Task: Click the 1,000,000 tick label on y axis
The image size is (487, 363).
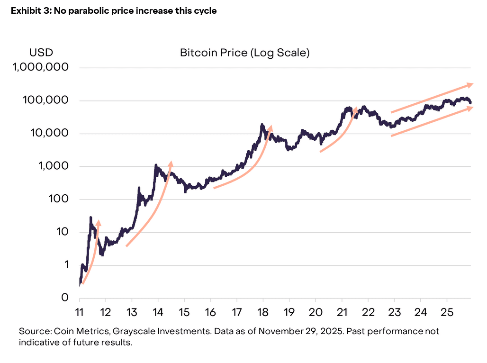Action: [x=41, y=68]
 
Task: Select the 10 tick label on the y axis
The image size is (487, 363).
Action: [x=63, y=232]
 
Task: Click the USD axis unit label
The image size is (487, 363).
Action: [x=41, y=53]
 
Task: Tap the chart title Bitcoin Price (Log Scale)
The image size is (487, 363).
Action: [x=245, y=53]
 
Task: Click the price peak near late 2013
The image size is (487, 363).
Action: [x=156, y=165]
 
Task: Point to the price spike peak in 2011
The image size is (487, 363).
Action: [x=90, y=218]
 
